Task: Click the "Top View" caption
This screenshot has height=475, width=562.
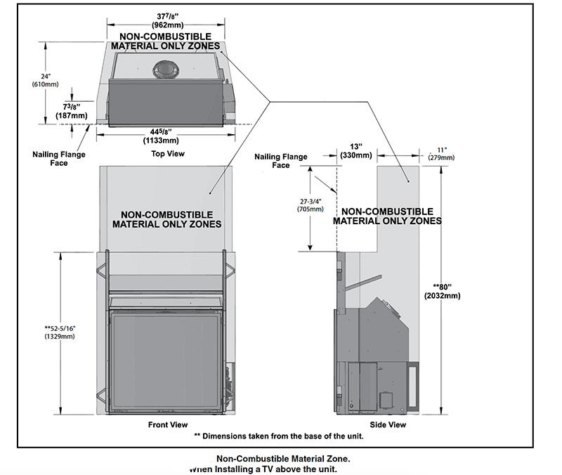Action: click(167, 152)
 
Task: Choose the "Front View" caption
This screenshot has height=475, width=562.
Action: click(167, 424)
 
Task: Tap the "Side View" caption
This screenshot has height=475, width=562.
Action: click(388, 424)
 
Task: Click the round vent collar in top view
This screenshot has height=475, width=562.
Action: click(166, 69)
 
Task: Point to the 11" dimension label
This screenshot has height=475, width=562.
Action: click(442, 149)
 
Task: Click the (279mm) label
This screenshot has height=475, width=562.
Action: click(442, 157)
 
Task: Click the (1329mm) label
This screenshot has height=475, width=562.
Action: click(60, 337)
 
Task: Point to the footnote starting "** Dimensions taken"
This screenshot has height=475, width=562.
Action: click(278, 436)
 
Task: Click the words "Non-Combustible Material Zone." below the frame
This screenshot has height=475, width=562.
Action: click(283, 458)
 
